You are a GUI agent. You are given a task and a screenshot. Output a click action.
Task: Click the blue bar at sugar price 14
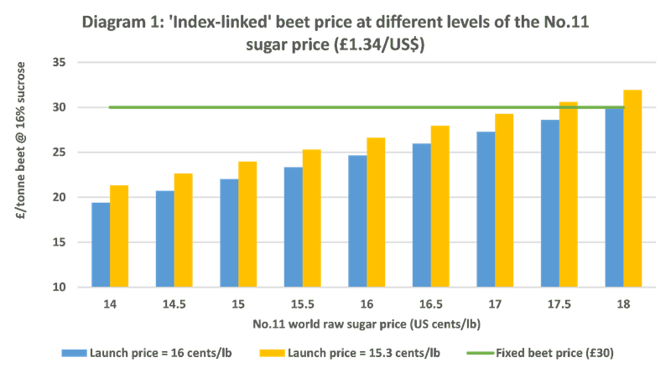101,245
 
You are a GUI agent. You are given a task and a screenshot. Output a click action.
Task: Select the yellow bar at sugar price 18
632,189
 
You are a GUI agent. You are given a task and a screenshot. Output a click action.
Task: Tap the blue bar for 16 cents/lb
357,221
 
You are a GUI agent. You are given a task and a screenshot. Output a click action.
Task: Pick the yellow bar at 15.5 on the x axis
311,218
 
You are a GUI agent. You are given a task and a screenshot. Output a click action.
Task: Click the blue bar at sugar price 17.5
550,203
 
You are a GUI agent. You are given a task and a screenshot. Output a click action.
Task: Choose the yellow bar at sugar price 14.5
183,231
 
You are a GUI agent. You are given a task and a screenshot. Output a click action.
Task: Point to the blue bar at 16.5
422,215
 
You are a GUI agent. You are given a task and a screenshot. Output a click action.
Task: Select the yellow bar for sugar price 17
504,200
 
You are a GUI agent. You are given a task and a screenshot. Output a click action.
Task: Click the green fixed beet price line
367,107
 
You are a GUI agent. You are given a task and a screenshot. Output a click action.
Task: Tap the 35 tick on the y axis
59,63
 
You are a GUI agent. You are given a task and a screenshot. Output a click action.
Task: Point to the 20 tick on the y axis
59,197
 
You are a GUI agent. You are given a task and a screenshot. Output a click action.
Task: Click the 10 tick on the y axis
59,287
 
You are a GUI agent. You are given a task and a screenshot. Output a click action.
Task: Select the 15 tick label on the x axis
238,304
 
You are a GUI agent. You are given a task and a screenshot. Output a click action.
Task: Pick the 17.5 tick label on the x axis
559,304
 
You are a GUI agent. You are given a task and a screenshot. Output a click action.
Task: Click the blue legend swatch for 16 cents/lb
74,354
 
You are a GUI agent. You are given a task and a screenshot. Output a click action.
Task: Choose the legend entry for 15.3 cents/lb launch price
350,354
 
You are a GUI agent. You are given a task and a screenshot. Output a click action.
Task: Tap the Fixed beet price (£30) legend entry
540,354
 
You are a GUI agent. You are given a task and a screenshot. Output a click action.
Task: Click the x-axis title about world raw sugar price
367,324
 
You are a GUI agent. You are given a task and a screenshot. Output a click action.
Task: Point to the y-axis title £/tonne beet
20,140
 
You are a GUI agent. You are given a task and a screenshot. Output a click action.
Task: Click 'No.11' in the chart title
566,22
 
